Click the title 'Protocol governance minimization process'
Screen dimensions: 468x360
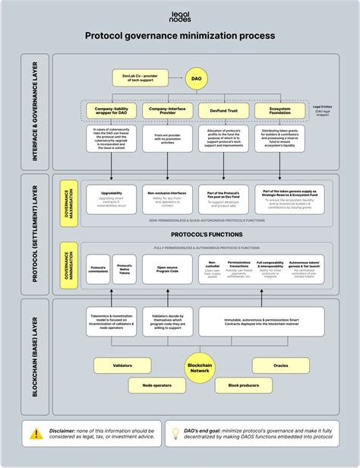[x=180, y=35]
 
